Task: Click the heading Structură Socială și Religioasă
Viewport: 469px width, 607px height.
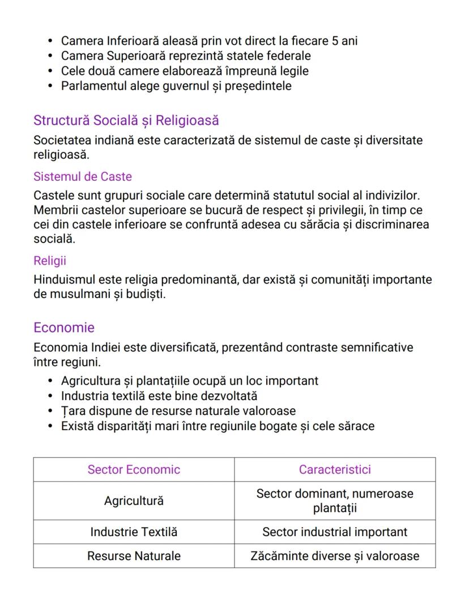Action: point(126,121)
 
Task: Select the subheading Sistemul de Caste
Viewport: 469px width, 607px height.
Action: point(83,177)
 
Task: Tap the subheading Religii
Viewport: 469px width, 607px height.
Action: point(50,261)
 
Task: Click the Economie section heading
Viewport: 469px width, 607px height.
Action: point(64,328)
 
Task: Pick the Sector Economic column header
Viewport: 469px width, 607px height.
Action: point(134,470)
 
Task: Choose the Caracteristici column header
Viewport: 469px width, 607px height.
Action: point(335,470)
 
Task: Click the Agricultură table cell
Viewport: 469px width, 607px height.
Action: point(134,501)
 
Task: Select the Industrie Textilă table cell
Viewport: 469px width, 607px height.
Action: point(134,532)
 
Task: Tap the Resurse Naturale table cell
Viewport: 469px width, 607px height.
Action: point(134,556)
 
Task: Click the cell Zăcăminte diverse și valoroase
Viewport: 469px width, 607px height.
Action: point(335,556)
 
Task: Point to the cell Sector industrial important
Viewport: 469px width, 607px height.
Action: point(335,532)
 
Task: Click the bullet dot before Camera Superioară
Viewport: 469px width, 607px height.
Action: point(50,56)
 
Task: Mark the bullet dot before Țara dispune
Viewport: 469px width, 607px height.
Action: point(50,411)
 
